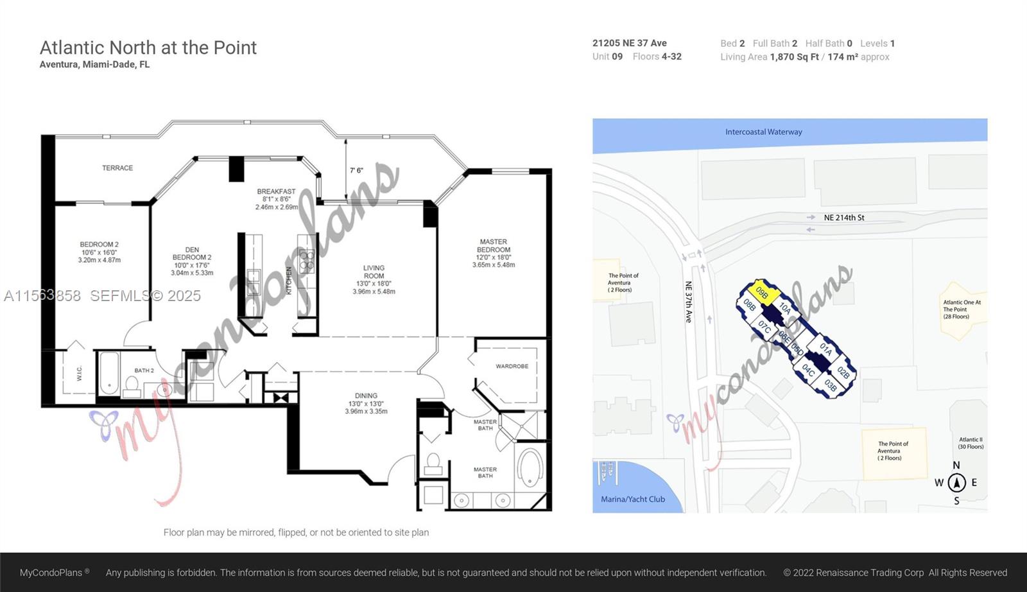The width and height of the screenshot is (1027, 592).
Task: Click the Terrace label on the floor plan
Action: (x=117, y=168)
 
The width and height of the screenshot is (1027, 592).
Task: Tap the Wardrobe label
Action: (x=512, y=366)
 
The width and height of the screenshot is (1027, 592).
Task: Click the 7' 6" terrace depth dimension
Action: (x=356, y=171)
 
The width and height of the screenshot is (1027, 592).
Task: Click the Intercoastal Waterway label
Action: (x=763, y=132)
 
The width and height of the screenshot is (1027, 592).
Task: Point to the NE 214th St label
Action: (x=843, y=218)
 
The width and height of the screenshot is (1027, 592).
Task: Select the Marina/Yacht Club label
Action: (x=632, y=500)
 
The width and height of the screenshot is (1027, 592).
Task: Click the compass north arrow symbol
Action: (x=956, y=482)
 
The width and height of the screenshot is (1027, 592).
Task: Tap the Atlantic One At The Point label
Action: (x=961, y=309)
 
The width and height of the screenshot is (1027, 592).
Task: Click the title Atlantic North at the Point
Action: (x=148, y=48)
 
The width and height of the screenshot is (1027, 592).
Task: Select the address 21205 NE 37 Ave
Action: (x=629, y=43)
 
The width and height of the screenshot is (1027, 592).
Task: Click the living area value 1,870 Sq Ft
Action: (x=794, y=57)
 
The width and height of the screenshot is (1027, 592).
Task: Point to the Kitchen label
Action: (x=289, y=281)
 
